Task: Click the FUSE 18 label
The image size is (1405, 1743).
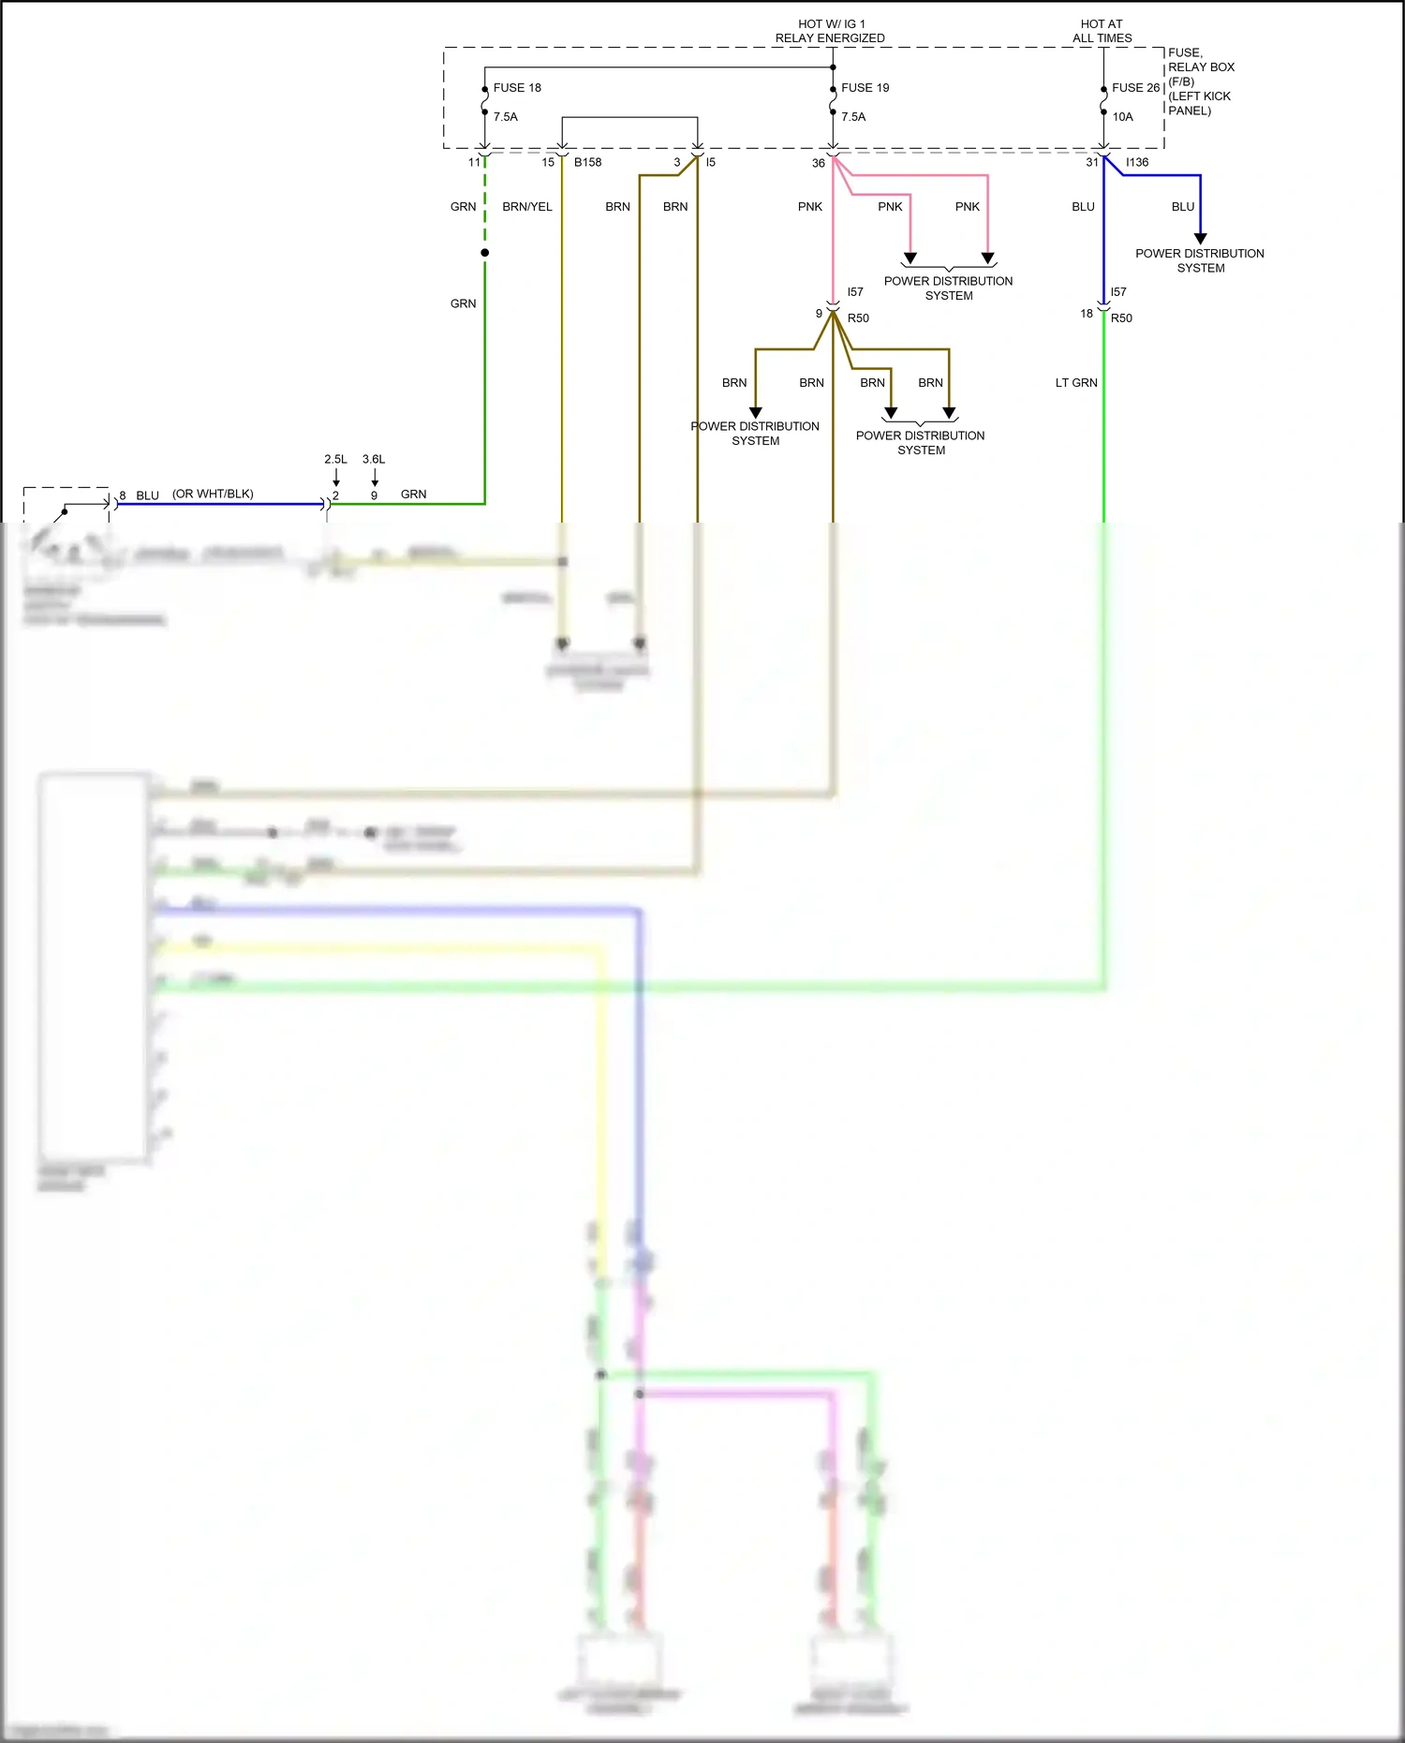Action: point(517,88)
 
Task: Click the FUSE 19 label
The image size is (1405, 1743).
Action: point(865,88)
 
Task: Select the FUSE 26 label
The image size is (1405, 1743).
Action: point(1135,88)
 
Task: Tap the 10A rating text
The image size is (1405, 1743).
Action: point(1122,117)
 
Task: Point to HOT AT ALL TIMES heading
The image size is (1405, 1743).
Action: point(1102,31)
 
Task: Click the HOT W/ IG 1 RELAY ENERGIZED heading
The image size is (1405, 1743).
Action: point(830,31)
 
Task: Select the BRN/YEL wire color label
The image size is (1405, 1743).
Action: point(526,207)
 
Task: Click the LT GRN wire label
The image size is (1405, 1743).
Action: point(1075,383)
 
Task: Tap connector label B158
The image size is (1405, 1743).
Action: point(587,162)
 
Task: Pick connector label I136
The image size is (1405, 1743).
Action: point(1136,162)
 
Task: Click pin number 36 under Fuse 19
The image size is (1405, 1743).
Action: point(818,163)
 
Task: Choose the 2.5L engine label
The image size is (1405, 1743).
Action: point(335,459)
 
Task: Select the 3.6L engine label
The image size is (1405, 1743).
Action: point(374,459)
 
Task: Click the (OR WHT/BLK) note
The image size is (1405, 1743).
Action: point(213,494)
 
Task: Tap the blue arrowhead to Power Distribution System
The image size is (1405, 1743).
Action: point(1200,239)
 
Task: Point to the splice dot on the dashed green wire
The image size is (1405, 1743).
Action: point(484,253)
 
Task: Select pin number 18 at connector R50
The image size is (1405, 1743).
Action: point(1086,314)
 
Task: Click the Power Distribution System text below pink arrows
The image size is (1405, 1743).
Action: point(948,288)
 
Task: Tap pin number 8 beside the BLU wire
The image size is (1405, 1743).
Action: point(123,495)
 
